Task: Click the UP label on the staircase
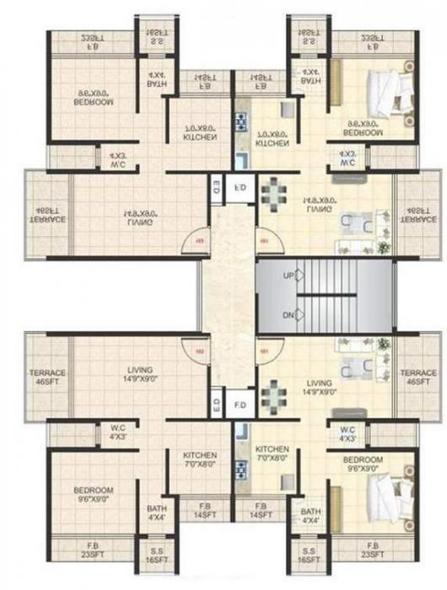pos(288,276)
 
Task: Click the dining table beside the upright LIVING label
pos(272,395)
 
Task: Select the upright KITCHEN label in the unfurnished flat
pos(200,459)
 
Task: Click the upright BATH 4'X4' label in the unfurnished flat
pos(156,513)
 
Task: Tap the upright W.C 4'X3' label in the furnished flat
pos(347,433)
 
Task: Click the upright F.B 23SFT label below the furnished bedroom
pos(370,549)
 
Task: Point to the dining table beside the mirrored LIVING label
pos(272,196)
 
